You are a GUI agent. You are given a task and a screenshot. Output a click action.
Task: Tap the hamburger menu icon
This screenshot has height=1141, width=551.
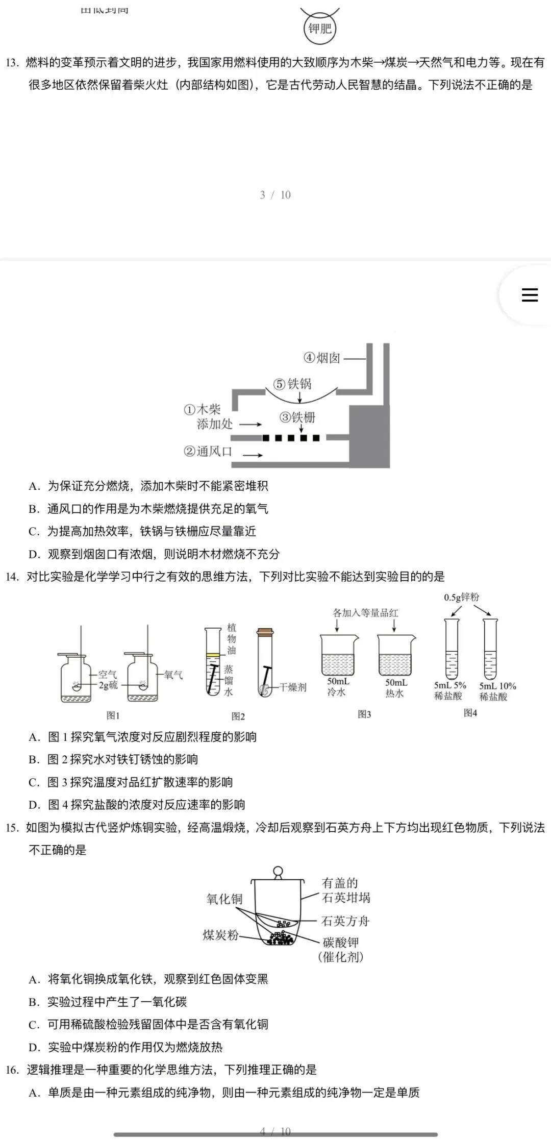[530, 295]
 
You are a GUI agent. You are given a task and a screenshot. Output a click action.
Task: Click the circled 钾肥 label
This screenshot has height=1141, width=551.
[320, 29]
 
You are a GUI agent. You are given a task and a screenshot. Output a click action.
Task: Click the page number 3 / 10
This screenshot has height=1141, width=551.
[275, 195]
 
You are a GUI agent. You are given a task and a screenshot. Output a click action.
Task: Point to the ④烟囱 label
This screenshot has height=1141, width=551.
[322, 358]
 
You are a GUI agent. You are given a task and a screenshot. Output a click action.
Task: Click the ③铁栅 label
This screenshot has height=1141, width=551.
[297, 417]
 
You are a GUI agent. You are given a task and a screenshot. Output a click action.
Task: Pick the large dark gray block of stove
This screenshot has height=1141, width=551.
[369, 436]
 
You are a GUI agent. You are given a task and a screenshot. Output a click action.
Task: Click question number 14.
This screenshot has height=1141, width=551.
[12, 577]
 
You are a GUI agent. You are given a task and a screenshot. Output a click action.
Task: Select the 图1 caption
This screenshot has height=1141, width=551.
[113, 715]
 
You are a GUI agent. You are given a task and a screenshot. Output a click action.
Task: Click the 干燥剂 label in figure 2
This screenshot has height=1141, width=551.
[293, 687]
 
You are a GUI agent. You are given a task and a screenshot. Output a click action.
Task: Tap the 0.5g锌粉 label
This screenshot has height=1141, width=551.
[461, 597]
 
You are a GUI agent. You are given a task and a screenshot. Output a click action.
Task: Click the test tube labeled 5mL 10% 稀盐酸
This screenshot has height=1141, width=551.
[490, 649]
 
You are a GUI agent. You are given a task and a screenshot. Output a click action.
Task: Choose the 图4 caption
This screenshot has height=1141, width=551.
[470, 713]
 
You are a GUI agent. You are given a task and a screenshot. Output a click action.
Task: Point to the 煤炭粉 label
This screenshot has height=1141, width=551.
[220, 935]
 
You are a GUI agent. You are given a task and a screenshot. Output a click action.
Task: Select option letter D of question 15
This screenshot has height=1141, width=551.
[34, 1048]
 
